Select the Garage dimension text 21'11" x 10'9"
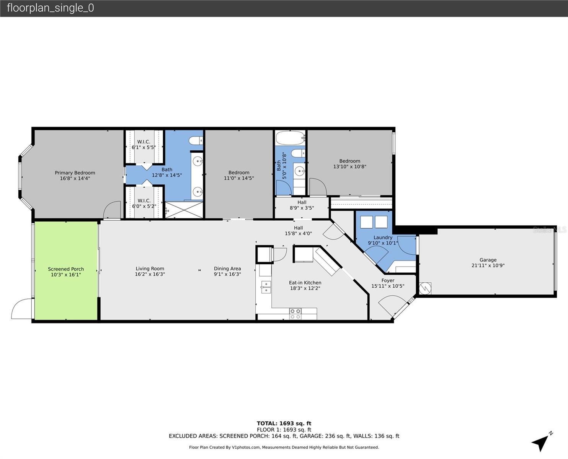coord(488,265)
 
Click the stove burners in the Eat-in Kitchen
coord(295,314)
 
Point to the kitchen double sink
coord(266,287)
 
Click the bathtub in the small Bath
coord(290,137)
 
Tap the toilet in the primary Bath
coord(196,141)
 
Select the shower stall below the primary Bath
coord(184,210)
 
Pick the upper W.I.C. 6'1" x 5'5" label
coord(144,145)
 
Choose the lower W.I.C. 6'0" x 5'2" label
coord(144,203)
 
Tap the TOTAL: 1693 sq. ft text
coord(284,423)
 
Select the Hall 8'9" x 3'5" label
coord(302,205)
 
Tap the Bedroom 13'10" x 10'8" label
coord(349,164)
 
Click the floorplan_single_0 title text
coord(50,8)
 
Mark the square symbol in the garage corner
coord(425,288)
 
